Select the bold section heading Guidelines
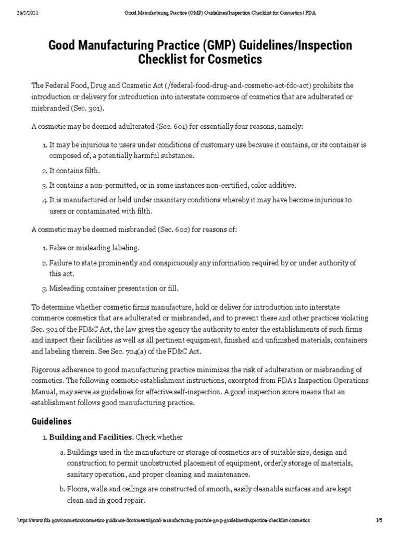click(x=52, y=421)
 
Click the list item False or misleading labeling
click(x=94, y=248)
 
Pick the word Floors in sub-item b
click(x=77, y=489)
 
